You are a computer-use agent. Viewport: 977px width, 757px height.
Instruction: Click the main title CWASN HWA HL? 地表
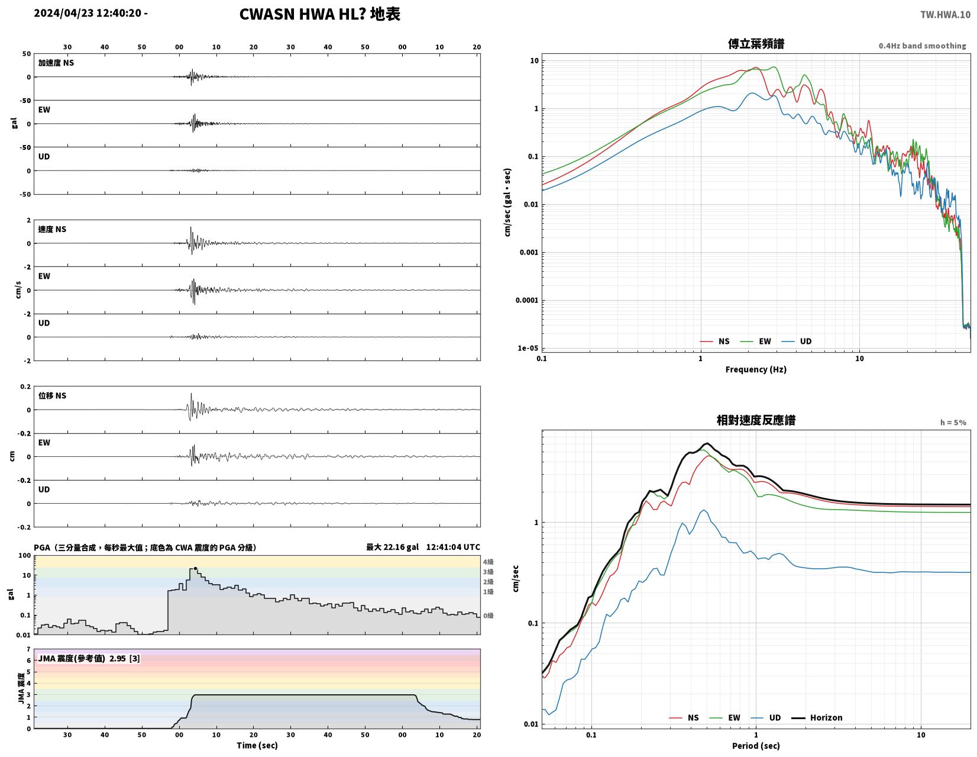(319, 14)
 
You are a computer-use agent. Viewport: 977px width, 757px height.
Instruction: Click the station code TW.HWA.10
(945, 14)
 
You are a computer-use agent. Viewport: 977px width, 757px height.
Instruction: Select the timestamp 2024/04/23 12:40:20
(88, 12)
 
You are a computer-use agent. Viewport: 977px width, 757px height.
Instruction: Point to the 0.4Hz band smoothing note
(921, 46)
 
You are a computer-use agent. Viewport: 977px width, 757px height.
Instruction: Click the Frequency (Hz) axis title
(755, 369)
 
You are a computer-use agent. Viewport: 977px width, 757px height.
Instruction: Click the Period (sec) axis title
(755, 745)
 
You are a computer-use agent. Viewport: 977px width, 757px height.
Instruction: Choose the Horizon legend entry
(816, 717)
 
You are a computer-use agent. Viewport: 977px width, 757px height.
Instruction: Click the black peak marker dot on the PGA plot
(195, 569)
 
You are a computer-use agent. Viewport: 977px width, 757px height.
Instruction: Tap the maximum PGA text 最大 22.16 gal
(392, 547)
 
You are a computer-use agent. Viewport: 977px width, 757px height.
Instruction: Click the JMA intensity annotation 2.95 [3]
(125, 658)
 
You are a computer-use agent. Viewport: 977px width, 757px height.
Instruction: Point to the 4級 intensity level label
(488, 561)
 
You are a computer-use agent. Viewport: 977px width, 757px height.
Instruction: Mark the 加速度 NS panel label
(56, 63)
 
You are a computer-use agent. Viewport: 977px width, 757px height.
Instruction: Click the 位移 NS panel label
(52, 395)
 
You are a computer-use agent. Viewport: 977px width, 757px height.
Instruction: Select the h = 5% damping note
(953, 422)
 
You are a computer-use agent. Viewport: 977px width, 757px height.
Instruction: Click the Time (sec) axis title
(257, 745)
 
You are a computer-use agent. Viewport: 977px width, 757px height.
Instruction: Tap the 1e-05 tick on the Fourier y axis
(528, 347)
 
